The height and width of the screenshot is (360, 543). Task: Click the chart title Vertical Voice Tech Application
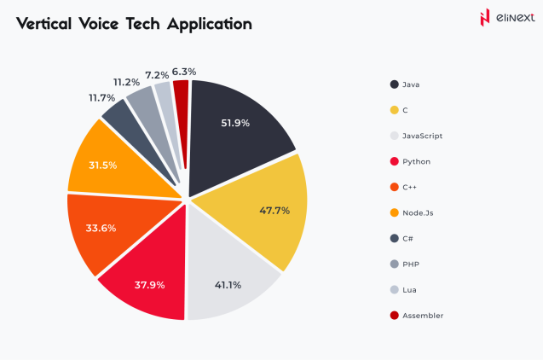pos(134,24)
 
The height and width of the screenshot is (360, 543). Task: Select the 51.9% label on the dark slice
pos(234,123)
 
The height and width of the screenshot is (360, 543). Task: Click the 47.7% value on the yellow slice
pos(274,210)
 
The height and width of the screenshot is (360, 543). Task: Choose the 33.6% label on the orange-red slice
pos(101,228)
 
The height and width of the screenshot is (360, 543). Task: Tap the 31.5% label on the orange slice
pos(102,165)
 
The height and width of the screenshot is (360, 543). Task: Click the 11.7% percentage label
pos(101,98)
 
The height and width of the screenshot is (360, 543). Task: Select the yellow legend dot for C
pos(394,110)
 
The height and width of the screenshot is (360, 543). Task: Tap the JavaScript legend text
pos(422,136)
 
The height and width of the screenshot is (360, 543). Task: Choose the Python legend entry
pos(414,161)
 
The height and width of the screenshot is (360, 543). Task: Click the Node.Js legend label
pos(417,213)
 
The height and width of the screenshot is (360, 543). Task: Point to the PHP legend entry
pos(410,264)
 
